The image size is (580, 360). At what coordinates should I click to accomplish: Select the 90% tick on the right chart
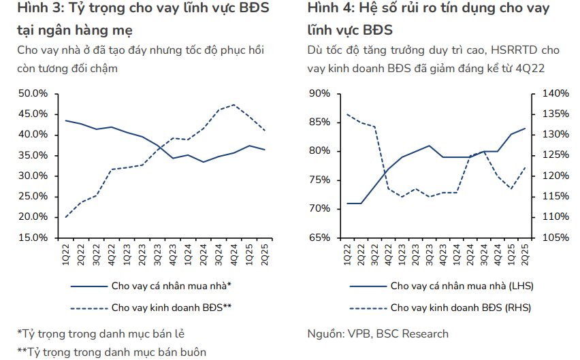pos(319,93)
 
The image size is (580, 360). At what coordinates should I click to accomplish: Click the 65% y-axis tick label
pos(319,238)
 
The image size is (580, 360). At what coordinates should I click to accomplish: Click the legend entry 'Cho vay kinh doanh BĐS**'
pos(171,307)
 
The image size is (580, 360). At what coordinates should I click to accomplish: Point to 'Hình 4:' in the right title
pos(330,9)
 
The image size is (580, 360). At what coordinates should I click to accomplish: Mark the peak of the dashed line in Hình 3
pos(234,105)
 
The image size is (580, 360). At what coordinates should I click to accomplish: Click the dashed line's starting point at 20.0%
pos(65,217)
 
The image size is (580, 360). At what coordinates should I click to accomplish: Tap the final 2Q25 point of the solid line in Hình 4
pos(525,128)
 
